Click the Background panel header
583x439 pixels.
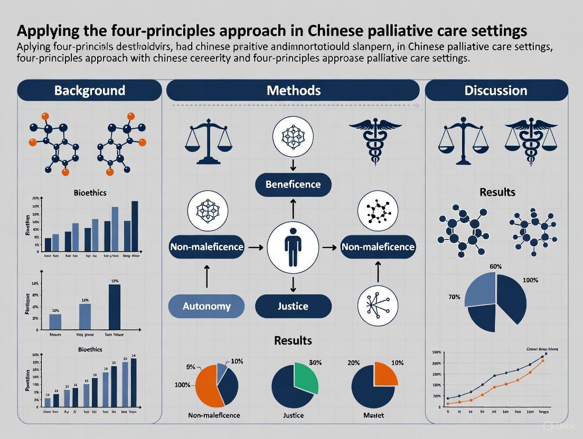(89, 90)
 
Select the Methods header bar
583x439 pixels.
(294, 90)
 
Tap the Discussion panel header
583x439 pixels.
(496, 90)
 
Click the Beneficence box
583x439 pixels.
(293, 184)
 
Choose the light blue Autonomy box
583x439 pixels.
(206, 306)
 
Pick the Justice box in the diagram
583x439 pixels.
(293, 306)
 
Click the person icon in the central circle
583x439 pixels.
(293, 247)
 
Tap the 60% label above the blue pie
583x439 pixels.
(496, 266)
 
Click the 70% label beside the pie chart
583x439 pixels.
(454, 297)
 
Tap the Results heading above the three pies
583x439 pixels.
(293, 340)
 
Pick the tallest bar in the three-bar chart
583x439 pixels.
(115, 307)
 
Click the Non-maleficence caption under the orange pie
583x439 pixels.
(214, 415)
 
